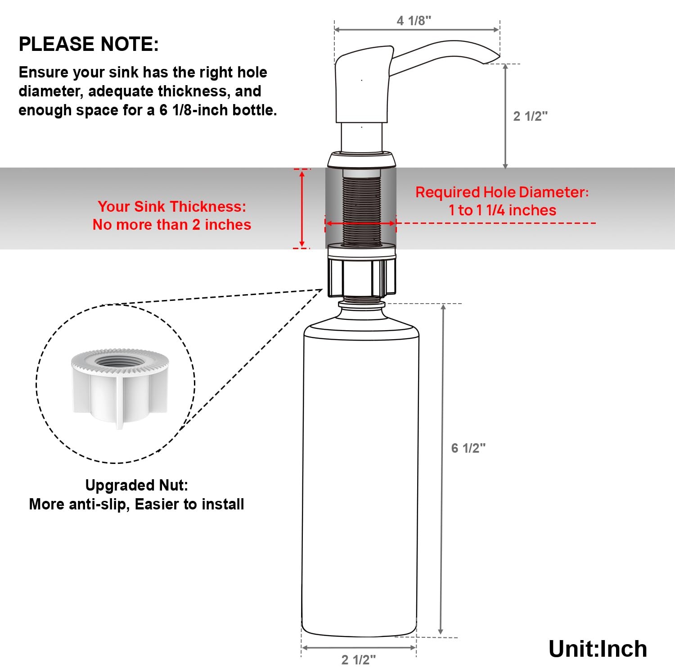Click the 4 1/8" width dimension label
(x=414, y=21)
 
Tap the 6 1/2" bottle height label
(x=468, y=448)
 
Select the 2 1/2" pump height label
(x=530, y=116)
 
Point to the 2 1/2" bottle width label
(x=358, y=660)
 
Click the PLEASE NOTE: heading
(x=89, y=44)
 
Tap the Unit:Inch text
(x=598, y=649)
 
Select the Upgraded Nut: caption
(x=136, y=485)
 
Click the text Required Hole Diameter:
(x=502, y=192)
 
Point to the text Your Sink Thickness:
(x=172, y=206)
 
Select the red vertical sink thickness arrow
(x=302, y=209)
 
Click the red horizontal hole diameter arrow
(x=360, y=223)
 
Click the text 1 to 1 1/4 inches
(x=502, y=210)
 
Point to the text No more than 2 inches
(x=172, y=224)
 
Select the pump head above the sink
(x=362, y=86)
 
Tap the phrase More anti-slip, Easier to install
(x=136, y=504)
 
